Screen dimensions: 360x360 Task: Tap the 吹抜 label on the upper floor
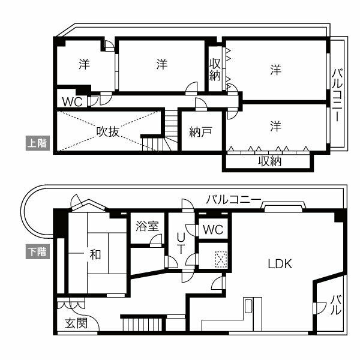click(x=110, y=132)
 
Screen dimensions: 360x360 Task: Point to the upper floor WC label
click(x=71, y=100)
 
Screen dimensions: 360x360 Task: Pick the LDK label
click(x=280, y=263)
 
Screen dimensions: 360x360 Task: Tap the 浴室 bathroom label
click(x=147, y=226)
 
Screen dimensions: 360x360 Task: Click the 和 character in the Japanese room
click(x=95, y=254)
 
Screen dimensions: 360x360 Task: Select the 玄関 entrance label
click(x=76, y=324)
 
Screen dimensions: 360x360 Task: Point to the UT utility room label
click(x=179, y=244)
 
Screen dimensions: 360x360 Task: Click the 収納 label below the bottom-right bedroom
click(x=270, y=162)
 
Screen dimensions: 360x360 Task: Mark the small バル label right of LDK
click(x=336, y=305)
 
